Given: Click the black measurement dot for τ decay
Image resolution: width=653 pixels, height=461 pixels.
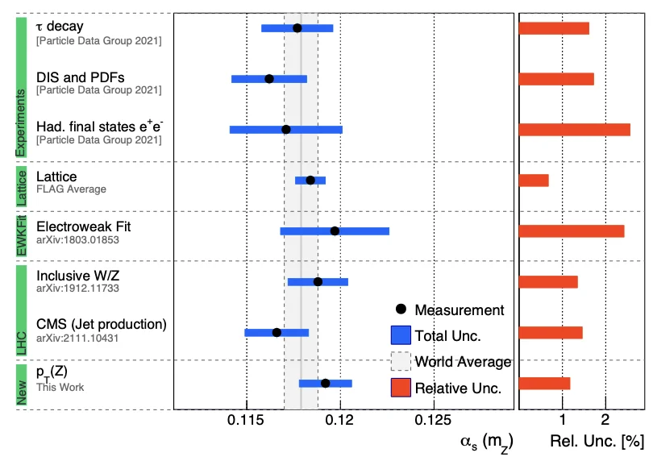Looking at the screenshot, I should tap(297, 28).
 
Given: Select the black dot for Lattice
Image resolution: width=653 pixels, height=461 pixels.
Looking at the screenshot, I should tap(310, 180).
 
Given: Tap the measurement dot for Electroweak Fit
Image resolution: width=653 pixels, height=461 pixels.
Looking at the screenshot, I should tap(335, 231).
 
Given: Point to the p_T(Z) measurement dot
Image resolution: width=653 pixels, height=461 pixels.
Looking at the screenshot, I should tap(325, 383).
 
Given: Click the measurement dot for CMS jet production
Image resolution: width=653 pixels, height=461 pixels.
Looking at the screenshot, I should tap(277, 332).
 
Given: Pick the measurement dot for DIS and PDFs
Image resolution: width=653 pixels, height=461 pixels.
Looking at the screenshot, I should tap(268, 79).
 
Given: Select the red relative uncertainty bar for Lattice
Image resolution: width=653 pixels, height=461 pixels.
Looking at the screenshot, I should tap(534, 181).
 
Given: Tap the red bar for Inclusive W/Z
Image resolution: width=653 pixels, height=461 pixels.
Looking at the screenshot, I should tap(548, 281).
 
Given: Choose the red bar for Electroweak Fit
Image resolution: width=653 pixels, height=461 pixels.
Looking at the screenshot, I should tap(572, 231).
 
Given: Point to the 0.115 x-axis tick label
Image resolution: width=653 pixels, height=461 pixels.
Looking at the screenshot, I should tap(247, 420).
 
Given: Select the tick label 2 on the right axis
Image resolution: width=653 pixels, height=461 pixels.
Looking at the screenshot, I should tap(605, 420).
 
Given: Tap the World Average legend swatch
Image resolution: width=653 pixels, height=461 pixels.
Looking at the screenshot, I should tap(401, 361).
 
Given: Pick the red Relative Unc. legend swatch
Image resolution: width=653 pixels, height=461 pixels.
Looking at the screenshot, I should tap(401, 388).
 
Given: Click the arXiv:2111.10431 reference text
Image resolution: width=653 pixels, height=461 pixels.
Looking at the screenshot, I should tap(77, 338).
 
